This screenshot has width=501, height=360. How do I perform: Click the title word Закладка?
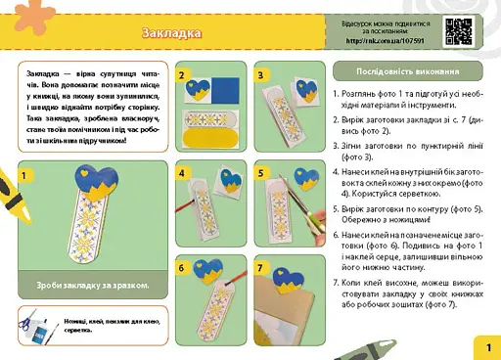tap(171, 33)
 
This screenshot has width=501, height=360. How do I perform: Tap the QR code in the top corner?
tap(459, 30)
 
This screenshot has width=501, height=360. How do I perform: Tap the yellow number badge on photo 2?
tap(183, 74)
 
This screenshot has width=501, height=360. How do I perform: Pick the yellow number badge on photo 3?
tap(261, 74)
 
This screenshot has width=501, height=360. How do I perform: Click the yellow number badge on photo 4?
tap(183, 171)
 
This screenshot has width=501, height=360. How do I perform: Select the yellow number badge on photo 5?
tap(261, 171)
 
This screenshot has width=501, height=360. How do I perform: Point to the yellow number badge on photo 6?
tap(183, 266)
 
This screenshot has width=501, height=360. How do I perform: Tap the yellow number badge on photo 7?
tap(261, 266)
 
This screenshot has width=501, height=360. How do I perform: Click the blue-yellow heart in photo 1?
tap(86, 180)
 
